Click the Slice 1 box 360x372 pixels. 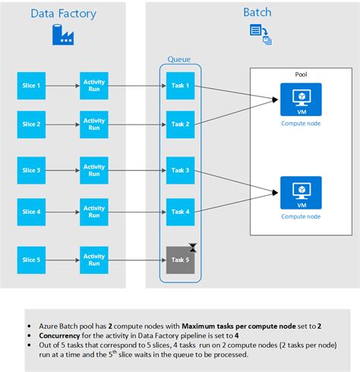[31, 86]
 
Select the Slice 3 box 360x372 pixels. [31, 170]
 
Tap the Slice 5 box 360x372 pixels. [31, 260]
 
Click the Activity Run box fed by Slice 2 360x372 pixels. [94, 125]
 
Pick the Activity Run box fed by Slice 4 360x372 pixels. [94, 212]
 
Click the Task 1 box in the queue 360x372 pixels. [180, 86]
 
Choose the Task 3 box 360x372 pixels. [180, 170]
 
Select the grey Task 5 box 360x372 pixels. [180, 260]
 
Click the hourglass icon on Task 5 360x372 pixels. [193, 247]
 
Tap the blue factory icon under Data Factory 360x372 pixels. [63, 35]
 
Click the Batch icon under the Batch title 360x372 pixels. [261, 34]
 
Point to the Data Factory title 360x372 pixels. [64, 14]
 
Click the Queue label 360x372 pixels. [179, 59]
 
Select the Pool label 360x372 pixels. [301, 74]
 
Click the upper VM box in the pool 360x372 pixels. [301, 99]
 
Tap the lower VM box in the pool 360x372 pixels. [301, 193]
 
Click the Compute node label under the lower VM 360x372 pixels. [301, 216]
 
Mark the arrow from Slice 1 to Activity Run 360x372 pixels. [63, 86]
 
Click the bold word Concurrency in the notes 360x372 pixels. [59, 336]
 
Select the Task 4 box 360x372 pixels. [180, 212]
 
